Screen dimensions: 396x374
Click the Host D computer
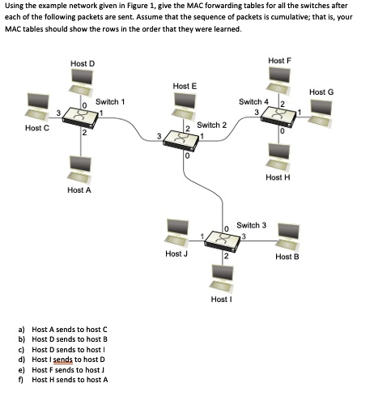81,81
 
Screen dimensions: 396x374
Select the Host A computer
79,168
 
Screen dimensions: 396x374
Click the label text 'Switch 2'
211,125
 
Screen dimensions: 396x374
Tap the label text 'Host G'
321,92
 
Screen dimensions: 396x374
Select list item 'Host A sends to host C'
69,329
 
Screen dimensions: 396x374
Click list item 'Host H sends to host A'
70,378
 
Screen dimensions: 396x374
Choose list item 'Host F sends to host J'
69,368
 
